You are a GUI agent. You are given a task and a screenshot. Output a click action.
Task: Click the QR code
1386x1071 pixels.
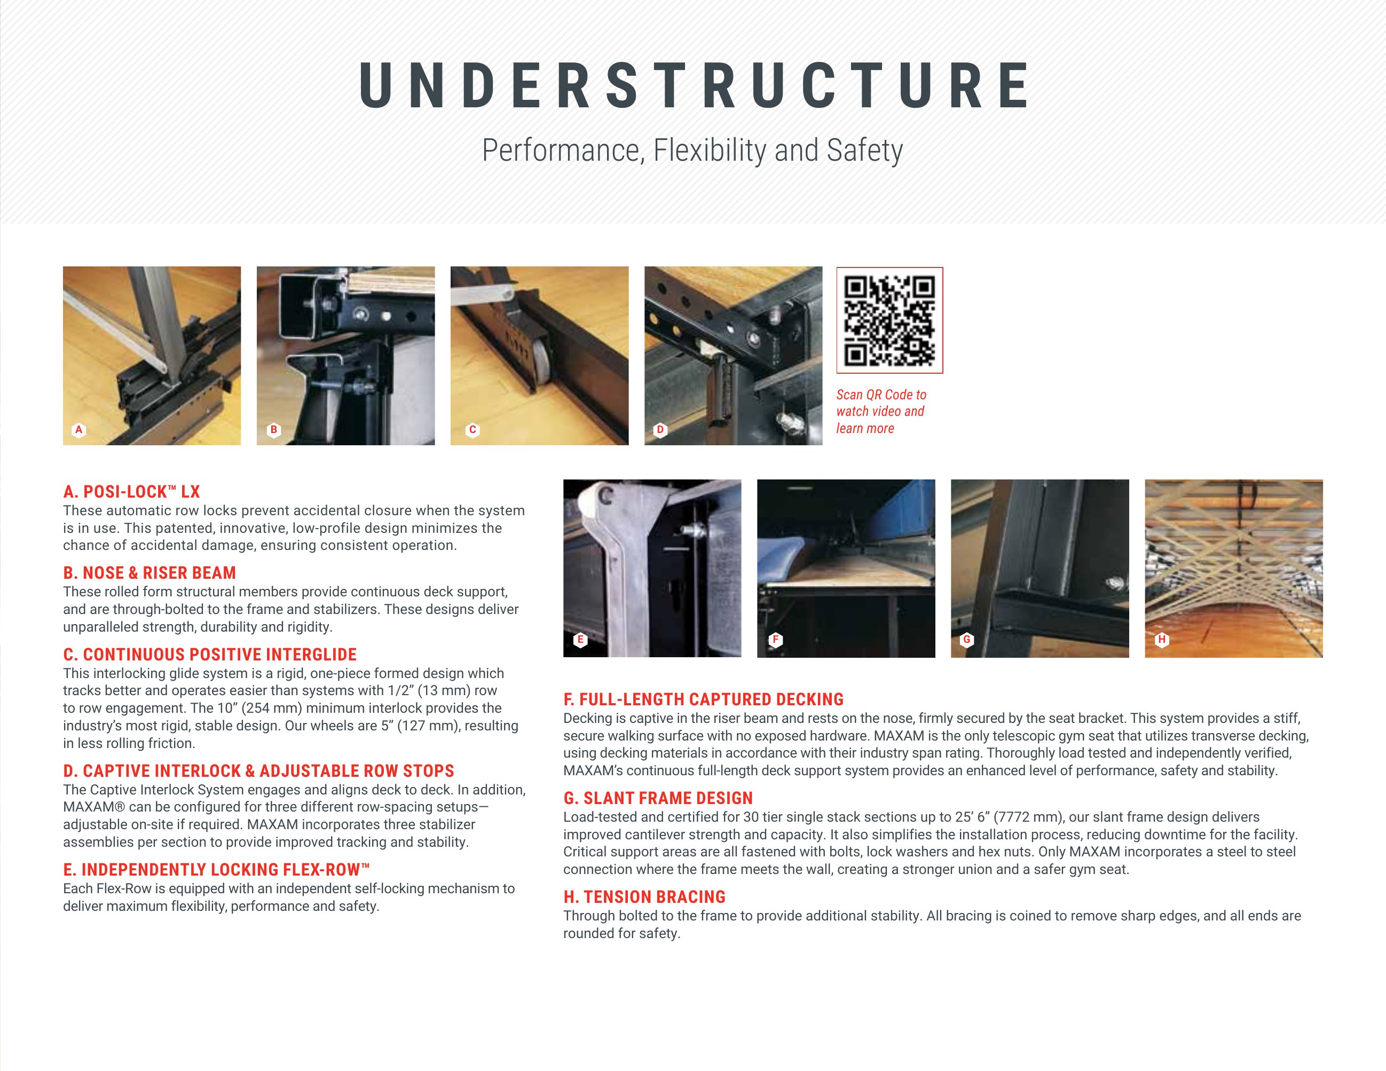point(889,320)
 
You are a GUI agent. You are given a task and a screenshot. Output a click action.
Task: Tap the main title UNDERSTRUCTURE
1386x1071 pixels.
point(694,85)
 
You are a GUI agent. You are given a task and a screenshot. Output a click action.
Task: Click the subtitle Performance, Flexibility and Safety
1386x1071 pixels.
point(692,151)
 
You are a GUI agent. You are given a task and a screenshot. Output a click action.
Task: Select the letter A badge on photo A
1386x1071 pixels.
point(78,430)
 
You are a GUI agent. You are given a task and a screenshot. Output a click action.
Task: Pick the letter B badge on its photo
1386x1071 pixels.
point(273,430)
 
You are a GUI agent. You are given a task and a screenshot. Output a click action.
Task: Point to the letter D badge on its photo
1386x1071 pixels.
point(660,430)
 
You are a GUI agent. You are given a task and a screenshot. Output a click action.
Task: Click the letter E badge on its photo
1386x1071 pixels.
point(580,640)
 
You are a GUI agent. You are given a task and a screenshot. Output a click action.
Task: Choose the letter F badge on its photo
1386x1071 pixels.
point(775,640)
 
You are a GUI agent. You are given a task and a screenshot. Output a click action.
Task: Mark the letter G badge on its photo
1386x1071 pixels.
point(966,640)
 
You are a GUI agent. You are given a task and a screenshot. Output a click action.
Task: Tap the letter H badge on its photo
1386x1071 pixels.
point(1161,640)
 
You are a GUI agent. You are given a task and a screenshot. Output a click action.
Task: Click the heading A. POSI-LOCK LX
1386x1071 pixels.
point(131,492)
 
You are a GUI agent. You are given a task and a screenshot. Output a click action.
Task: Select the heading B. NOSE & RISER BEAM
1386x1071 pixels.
point(149,573)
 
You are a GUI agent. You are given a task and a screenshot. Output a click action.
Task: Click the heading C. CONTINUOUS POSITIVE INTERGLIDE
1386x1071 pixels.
point(209,654)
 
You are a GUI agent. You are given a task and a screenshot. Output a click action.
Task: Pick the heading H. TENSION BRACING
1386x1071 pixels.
point(644,896)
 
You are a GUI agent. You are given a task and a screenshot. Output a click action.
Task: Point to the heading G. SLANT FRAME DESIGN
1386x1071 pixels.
point(658,798)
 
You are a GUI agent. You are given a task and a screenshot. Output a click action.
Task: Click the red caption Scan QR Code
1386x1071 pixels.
point(881,395)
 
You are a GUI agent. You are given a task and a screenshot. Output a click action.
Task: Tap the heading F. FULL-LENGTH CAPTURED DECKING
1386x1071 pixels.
point(703,699)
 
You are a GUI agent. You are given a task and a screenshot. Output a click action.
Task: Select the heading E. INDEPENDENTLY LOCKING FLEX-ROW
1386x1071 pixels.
point(216,869)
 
